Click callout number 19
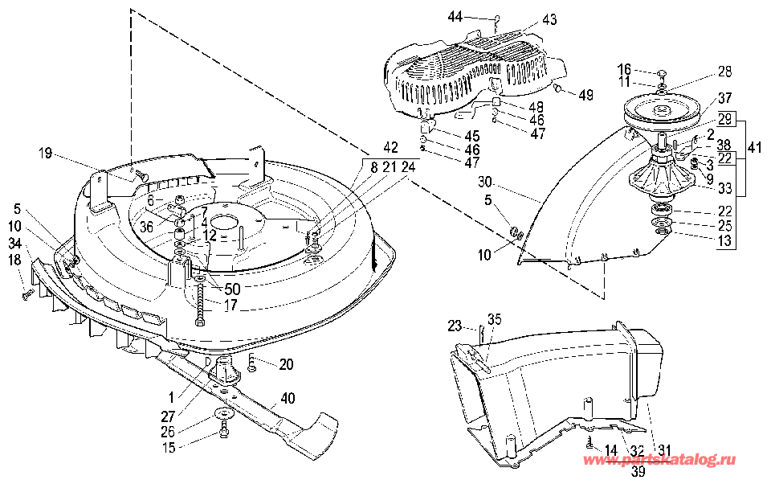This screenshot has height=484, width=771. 45,153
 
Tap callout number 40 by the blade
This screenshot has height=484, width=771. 288,397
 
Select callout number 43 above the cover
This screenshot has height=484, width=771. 549,19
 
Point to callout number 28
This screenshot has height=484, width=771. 724,72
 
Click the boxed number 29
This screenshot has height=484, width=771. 724,119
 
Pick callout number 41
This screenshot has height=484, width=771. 754,147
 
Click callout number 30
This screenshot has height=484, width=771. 485,182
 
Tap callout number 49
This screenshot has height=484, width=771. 585,95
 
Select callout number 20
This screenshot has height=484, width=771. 286,364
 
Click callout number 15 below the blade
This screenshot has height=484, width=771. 169,448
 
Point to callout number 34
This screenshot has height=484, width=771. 15,244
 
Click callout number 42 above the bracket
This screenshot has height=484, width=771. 390,147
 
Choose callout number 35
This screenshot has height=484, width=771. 494,319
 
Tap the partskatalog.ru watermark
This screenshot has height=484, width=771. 659,460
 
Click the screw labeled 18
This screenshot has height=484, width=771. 27,294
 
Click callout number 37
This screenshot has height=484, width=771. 724,98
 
